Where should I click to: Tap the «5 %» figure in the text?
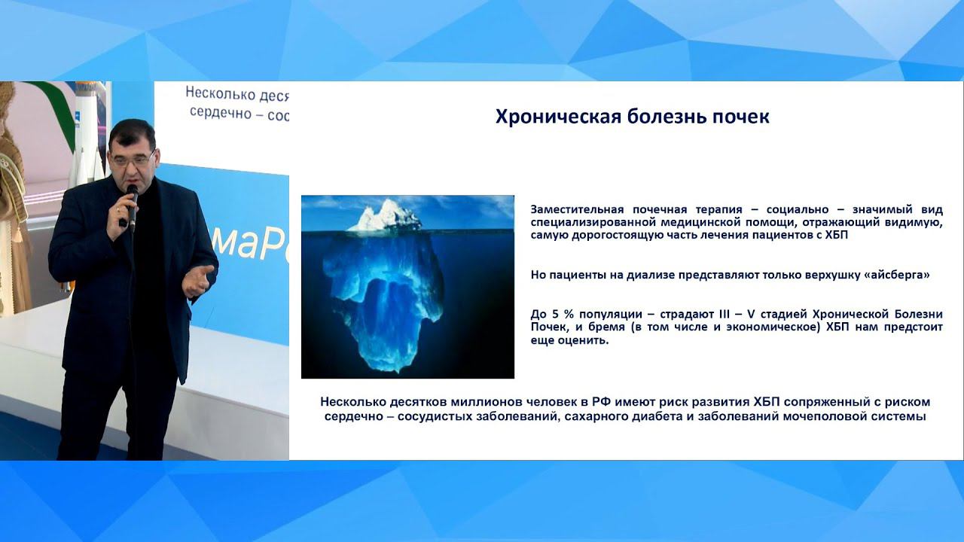pos(556,314)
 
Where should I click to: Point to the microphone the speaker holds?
pos(132,207)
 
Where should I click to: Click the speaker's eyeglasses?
pos(133,160)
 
